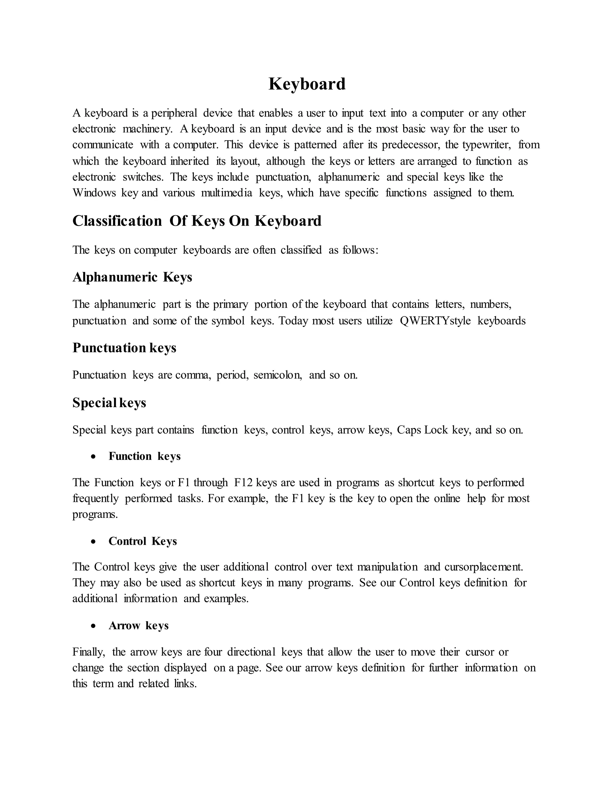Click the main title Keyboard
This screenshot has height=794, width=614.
(x=307, y=84)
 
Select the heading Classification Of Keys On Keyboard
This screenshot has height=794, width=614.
(x=197, y=221)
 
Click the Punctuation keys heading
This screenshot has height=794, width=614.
(x=124, y=348)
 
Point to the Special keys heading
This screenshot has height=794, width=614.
(x=109, y=403)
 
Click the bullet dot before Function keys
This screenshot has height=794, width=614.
(x=94, y=457)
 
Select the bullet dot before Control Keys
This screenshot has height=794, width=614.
(x=94, y=542)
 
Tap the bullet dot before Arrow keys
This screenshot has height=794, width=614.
(x=94, y=626)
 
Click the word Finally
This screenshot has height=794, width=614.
(x=88, y=652)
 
